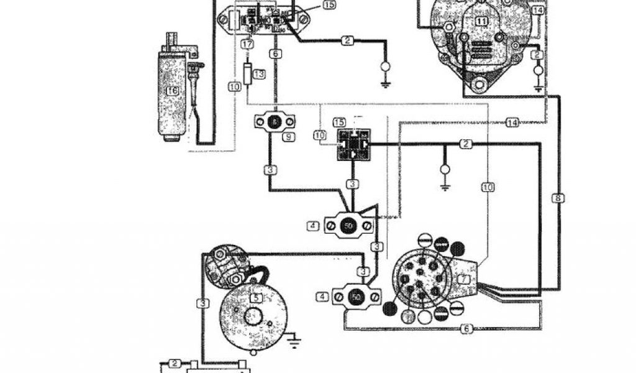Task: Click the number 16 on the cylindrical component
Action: click(171, 91)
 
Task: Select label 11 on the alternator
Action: click(483, 21)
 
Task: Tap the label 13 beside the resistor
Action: click(260, 75)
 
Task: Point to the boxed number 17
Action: click(247, 45)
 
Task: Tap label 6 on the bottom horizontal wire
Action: click(467, 329)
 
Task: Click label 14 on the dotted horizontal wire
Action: click(512, 122)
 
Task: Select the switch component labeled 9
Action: click(274, 122)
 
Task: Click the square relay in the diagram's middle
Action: click(352, 145)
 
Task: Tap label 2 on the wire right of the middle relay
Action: click(465, 144)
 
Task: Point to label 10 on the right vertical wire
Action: click(488, 186)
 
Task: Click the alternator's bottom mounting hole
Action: click(478, 84)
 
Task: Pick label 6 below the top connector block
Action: click(275, 53)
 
